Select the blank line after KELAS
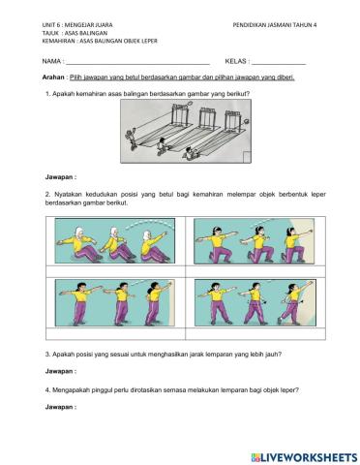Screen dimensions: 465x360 point(279,61)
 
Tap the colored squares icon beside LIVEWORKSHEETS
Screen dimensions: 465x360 point(255,456)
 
